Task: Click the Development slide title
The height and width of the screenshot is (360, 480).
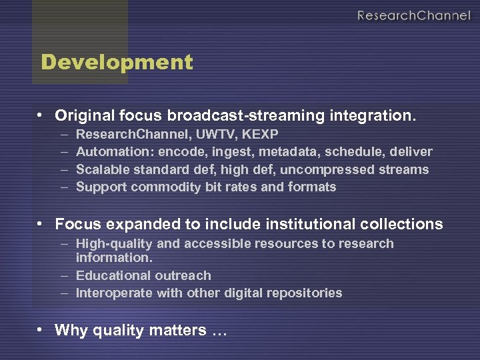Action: [117, 63]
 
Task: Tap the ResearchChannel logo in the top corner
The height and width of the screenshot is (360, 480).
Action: [413, 15]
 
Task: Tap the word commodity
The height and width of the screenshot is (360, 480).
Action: [159, 187]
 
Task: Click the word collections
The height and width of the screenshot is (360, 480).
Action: [401, 224]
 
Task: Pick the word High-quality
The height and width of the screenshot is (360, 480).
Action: [110, 244]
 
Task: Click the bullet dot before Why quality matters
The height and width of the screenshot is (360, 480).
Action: [41, 329]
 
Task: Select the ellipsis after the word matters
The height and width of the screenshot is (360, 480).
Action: [219, 331]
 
